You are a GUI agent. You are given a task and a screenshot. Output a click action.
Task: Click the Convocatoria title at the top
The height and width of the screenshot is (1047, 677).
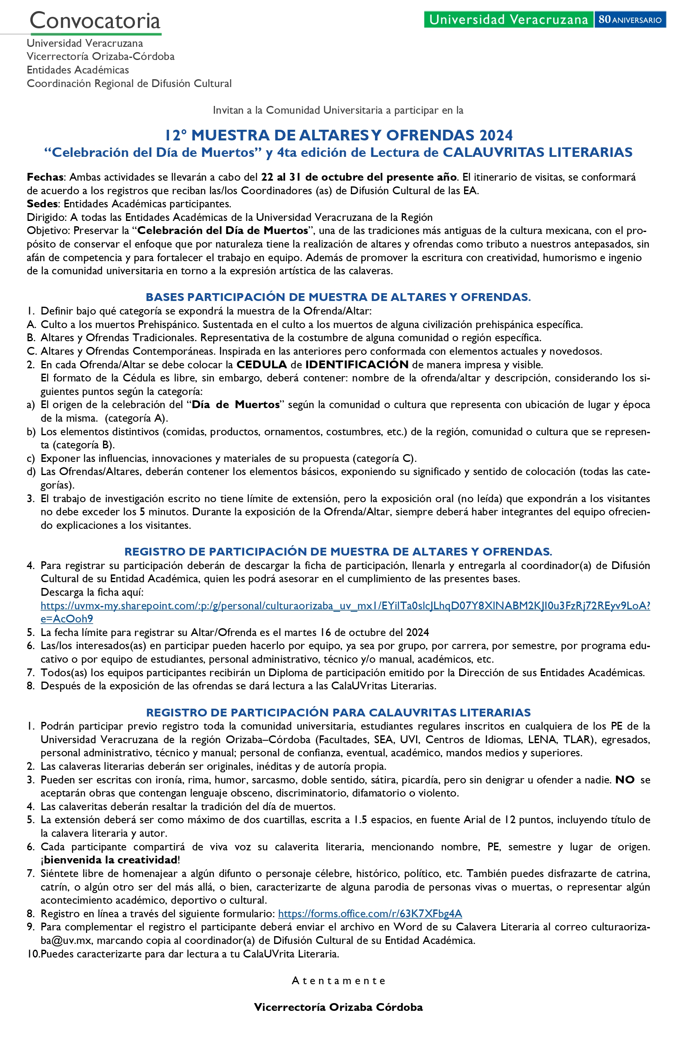click(x=95, y=20)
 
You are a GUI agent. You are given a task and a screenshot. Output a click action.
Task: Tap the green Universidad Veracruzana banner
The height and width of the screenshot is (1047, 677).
click(x=508, y=19)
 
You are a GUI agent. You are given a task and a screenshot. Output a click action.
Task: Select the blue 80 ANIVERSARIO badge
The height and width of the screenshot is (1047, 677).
click(x=629, y=20)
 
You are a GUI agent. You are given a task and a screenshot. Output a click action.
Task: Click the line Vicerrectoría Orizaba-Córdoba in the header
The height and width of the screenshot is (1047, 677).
click(x=101, y=56)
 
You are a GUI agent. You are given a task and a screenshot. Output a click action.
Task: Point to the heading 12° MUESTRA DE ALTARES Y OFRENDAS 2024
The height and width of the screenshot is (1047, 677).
click(x=338, y=135)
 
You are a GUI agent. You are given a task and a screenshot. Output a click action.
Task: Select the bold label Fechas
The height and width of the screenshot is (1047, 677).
click(x=45, y=177)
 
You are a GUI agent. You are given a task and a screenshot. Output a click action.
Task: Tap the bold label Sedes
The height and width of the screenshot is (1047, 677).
click(x=42, y=204)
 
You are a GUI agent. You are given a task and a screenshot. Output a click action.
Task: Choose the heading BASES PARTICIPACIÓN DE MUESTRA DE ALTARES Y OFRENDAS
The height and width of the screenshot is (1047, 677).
click(x=338, y=297)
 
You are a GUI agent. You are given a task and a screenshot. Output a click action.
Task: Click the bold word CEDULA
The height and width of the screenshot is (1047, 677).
click(x=262, y=365)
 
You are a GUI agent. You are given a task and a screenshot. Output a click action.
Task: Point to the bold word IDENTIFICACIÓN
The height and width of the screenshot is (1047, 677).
click(x=357, y=365)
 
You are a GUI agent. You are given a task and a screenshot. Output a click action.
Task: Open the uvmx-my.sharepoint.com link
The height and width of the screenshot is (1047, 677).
click(x=345, y=606)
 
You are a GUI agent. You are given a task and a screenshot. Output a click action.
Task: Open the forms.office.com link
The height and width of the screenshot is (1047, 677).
click(x=370, y=914)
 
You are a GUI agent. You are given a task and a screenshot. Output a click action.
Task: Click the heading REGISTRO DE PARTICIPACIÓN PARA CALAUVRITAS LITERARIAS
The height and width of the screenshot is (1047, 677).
click(x=338, y=712)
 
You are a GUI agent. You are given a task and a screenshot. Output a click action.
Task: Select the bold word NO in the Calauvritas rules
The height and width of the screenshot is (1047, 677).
click(x=624, y=780)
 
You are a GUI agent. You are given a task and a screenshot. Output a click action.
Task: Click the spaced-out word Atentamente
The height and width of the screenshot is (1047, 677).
click(x=338, y=980)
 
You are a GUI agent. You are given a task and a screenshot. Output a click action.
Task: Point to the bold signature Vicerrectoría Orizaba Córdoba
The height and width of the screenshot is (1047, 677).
click(x=338, y=1007)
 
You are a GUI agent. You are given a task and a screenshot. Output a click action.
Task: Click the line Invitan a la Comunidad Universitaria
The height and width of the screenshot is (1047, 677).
click(x=338, y=110)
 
